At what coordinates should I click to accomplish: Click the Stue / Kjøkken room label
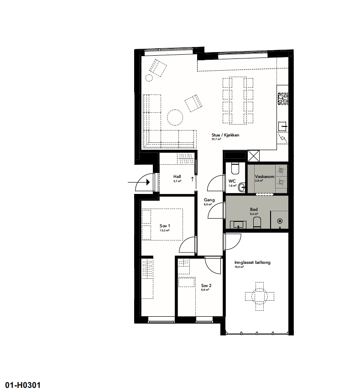tap(225, 135)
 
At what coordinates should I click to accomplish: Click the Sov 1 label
tap(165, 226)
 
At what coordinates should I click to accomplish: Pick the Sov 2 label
tap(206, 285)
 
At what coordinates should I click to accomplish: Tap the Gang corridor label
tap(209, 200)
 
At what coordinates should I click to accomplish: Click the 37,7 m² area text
tap(216, 140)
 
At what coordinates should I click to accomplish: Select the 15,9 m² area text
tap(239, 267)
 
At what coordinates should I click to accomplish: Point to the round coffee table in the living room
tap(175, 117)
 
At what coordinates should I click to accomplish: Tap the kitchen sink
tap(283, 124)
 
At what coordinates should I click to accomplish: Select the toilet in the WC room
tap(235, 169)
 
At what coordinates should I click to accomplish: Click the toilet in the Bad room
tap(256, 223)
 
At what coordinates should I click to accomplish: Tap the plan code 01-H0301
tap(23, 385)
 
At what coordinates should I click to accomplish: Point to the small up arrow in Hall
tap(192, 178)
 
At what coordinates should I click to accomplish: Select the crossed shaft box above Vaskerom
tap(253, 156)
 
